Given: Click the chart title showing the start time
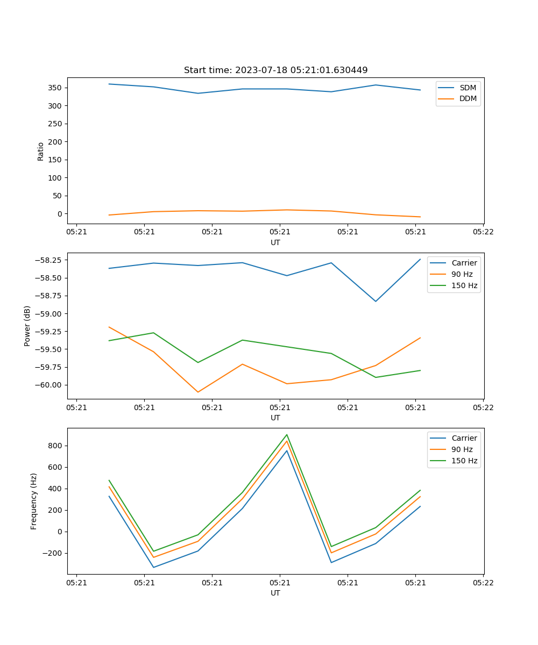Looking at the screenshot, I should tap(275, 70).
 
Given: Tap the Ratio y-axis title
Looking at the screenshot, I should tap(41, 151).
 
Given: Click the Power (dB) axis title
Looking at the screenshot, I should tap(27, 326).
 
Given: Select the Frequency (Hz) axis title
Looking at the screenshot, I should tap(34, 501).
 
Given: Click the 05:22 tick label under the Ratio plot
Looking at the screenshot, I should tap(483, 232).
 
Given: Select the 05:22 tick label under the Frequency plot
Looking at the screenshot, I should tap(483, 583).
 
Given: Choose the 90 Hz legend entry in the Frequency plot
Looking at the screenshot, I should tap(462, 449).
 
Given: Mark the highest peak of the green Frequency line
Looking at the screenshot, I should tap(287, 435).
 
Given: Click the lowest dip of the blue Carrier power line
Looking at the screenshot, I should tap(376, 301).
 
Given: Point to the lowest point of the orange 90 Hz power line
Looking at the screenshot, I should tap(198, 392).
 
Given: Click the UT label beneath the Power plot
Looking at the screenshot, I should tap(275, 418).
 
